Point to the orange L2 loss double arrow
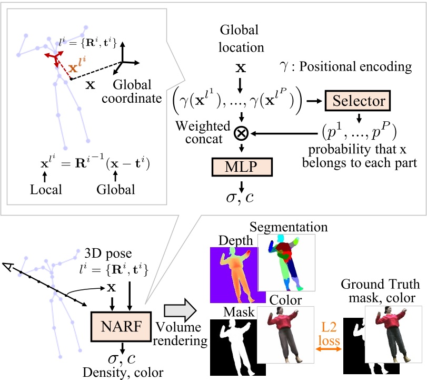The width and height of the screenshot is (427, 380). [327, 342]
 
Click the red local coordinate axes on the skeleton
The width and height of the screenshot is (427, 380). [53, 57]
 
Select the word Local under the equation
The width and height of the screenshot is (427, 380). [46, 189]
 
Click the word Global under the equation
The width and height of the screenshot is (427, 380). [116, 189]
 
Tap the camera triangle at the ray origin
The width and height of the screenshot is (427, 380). [7, 267]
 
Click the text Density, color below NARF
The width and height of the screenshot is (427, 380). [123, 372]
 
